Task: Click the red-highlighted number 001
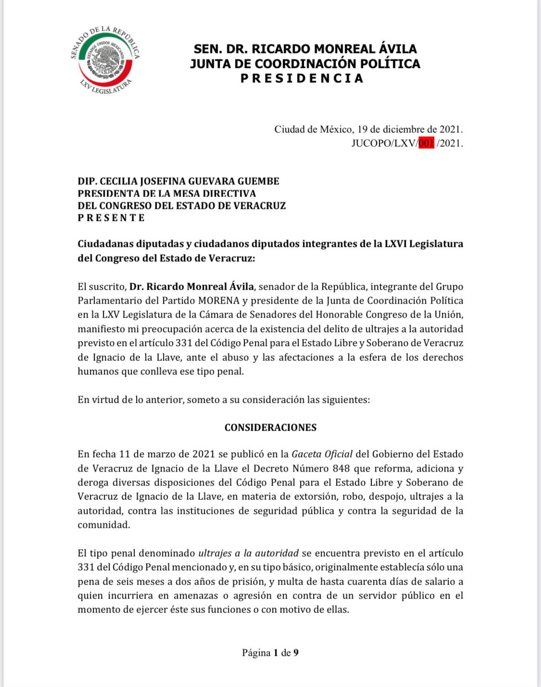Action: tap(426, 143)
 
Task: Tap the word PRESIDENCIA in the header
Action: tap(302, 78)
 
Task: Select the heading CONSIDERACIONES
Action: tap(270, 427)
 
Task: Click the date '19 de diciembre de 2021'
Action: tap(409, 129)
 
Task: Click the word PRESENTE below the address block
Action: tap(111, 217)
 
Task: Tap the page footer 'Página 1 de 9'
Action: tap(270, 652)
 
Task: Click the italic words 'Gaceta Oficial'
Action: tap(322, 454)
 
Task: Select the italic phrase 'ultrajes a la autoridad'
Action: tap(248, 553)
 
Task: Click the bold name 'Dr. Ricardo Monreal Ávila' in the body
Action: tap(191, 286)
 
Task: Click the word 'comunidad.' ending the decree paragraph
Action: tap(104, 524)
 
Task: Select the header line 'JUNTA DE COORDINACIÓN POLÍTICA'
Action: tap(305, 64)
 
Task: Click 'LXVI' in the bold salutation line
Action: tap(396, 243)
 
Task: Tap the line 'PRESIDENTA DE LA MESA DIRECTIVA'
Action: tap(167, 193)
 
